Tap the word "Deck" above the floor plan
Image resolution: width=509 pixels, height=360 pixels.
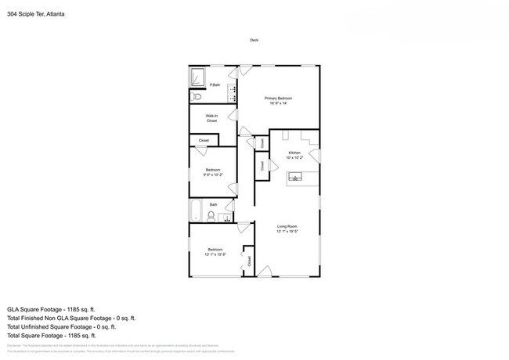[x=254, y=40]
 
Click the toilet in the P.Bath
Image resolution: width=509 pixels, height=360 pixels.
[x=197, y=97]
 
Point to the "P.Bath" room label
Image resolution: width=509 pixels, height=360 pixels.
[x=215, y=85]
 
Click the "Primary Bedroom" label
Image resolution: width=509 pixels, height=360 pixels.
[x=278, y=98]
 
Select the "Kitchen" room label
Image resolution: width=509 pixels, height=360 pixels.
[x=294, y=153]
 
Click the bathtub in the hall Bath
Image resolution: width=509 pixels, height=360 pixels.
[x=197, y=211]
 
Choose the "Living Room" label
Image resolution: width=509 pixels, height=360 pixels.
[x=287, y=227]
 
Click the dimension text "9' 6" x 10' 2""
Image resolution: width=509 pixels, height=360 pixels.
[x=212, y=175]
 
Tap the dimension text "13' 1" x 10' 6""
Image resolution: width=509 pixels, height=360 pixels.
[x=215, y=254]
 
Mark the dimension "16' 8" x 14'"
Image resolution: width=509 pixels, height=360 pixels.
[x=278, y=103]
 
